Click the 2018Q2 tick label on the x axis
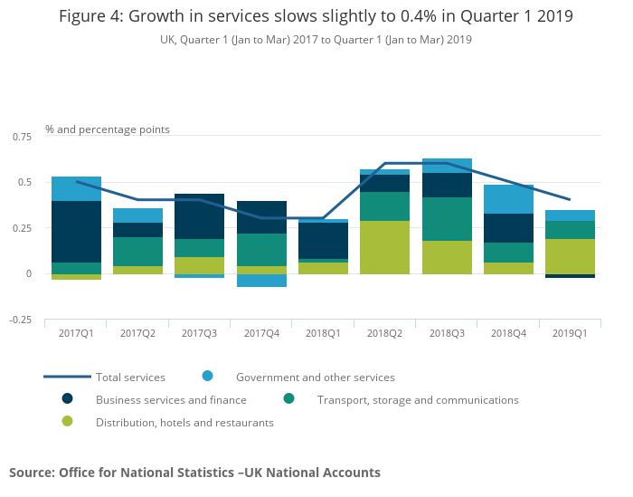pyautogui.click(x=385, y=334)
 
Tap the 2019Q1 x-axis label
pyautogui.click(x=570, y=334)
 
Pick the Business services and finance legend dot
pyautogui.click(x=68, y=399)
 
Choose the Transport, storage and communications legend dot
pyautogui.click(x=288, y=399)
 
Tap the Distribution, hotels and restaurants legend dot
pyautogui.click(x=68, y=422)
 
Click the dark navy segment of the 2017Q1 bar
pyautogui.click(x=76, y=232)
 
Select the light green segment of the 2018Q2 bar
pyautogui.click(x=385, y=247)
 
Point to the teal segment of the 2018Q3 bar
pyautogui.click(x=447, y=219)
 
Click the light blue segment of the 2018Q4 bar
pyautogui.click(x=508, y=199)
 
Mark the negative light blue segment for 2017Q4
pyautogui.click(x=261, y=281)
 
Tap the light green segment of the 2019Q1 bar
pyautogui.click(x=570, y=256)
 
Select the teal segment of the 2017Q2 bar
pyautogui.click(x=138, y=252)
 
